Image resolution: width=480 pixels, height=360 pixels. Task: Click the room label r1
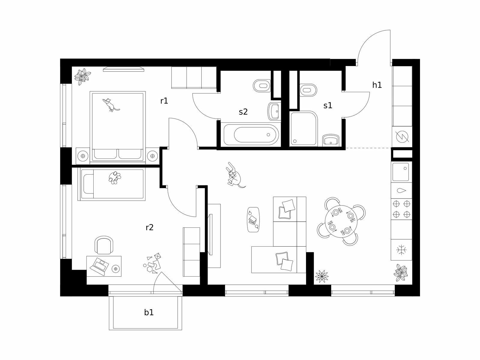tap(164, 101)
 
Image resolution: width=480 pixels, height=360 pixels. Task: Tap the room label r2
tap(150, 228)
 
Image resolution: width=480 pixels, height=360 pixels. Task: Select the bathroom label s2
tap(243, 112)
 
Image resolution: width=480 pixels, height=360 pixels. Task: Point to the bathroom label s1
tap(328, 106)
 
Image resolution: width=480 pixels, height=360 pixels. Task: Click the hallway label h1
tap(377, 85)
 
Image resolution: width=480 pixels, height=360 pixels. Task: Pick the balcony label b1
tap(149, 312)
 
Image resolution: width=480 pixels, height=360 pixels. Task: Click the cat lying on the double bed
tap(111, 105)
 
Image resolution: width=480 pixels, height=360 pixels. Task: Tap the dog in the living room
tap(234, 175)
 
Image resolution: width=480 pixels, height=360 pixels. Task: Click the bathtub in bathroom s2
tap(251, 134)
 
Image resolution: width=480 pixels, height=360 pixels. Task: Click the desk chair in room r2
tap(104, 245)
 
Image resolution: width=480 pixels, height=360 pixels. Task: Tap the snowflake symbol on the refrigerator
tap(401, 250)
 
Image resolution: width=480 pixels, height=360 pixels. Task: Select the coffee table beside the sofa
tap(253, 220)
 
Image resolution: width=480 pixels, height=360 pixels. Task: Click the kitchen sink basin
tap(400, 172)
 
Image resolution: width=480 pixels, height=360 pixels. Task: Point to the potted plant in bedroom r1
tap(82, 76)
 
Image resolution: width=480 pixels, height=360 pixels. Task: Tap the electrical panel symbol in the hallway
tap(402, 136)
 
